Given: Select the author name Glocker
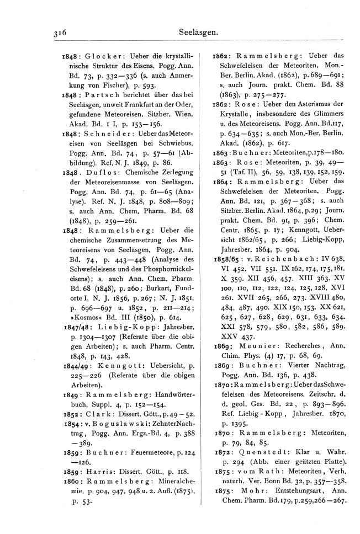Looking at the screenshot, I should (x=102, y=56).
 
